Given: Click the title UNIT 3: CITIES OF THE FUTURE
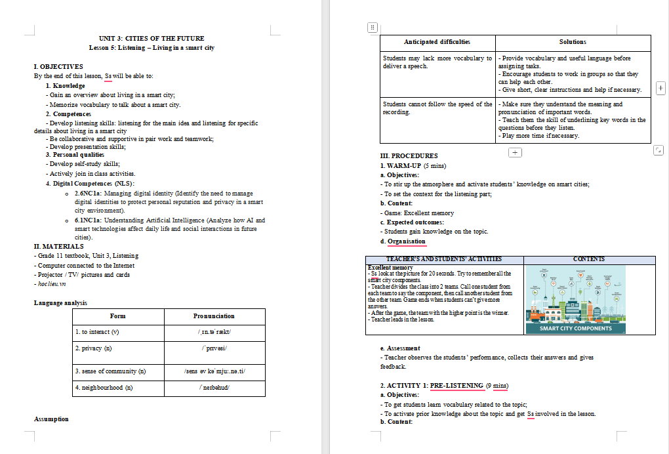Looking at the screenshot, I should [x=152, y=39].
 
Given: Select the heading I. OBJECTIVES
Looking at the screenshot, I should [x=58, y=67].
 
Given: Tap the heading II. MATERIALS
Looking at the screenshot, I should [x=58, y=247].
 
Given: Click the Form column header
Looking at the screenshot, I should [x=118, y=316].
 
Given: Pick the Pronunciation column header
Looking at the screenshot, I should [x=214, y=316].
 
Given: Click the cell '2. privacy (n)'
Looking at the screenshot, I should [x=94, y=348].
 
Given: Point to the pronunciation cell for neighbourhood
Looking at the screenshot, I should [x=214, y=388].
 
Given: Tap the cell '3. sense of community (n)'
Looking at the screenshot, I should [x=110, y=372].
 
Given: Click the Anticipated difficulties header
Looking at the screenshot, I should [x=437, y=42].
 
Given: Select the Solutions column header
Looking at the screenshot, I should [x=573, y=42].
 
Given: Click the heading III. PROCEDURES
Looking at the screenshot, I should [x=409, y=156].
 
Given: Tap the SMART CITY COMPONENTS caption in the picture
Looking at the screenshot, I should [x=576, y=329].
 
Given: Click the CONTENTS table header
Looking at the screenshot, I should [x=588, y=260].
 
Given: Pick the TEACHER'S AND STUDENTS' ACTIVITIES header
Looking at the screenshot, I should [x=444, y=260].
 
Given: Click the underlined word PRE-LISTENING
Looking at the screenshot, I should [x=456, y=385].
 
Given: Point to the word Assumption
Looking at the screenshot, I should [x=51, y=419].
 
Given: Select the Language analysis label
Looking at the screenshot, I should [x=60, y=303].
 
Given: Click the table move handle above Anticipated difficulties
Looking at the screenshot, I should [x=372, y=28].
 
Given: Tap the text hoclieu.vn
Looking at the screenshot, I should [x=51, y=284].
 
